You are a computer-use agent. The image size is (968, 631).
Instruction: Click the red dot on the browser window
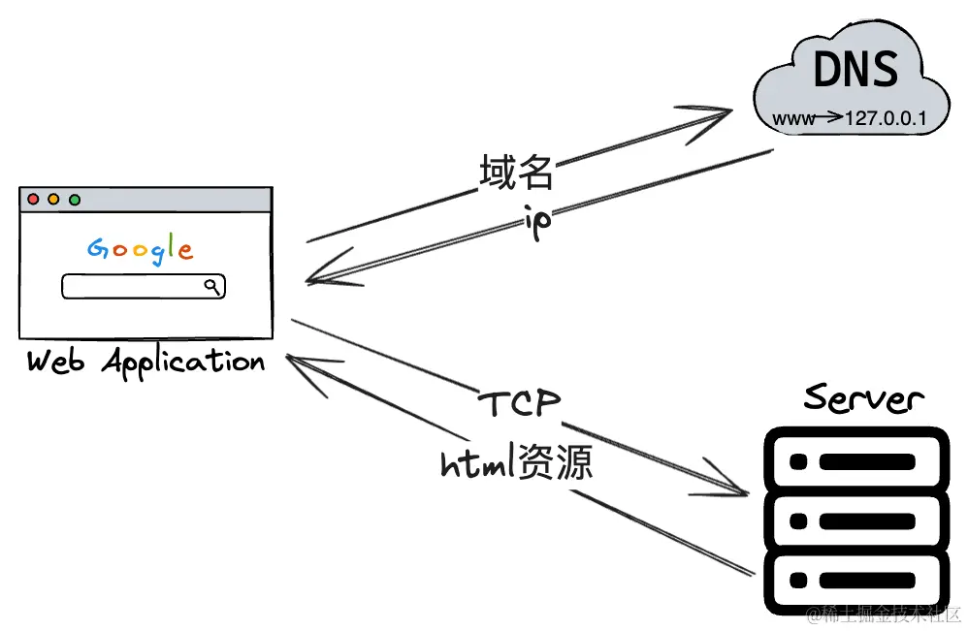click(33, 200)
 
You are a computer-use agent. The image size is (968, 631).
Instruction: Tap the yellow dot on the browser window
click(53, 200)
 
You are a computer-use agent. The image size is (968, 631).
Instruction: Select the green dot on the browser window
click(75, 200)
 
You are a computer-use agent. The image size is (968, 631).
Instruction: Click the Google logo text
click(141, 248)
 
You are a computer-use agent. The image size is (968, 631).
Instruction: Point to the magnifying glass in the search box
click(212, 285)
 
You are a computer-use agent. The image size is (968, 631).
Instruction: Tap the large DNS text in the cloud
click(855, 71)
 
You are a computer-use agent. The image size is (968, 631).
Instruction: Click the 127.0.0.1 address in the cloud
click(887, 119)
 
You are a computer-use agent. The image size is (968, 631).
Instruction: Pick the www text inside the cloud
click(791, 120)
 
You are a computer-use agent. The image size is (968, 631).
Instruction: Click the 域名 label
click(516, 173)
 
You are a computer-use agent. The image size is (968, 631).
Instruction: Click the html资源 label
click(516, 464)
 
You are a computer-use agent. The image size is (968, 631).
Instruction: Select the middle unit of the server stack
click(854, 521)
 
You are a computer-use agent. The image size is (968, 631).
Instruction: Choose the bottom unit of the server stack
click(854, 582)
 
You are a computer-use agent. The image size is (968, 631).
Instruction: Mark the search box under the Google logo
click(143, 286)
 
